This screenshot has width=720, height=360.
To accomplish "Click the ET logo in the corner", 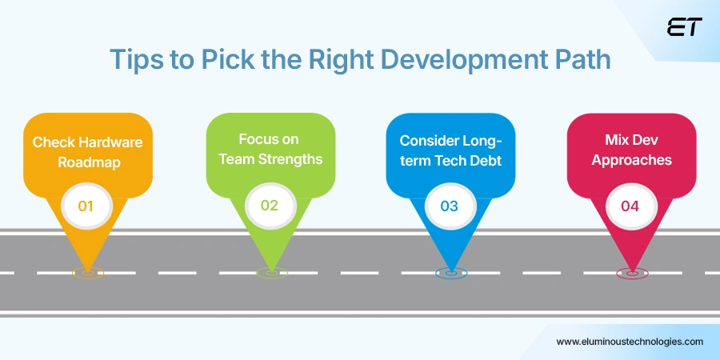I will [684, 27].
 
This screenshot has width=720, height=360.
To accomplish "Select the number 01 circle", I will [86, 206].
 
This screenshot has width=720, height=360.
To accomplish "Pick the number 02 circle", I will [270, 205].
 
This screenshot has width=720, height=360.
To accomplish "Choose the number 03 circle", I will [449, 206].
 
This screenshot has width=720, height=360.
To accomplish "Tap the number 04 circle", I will [630, 206].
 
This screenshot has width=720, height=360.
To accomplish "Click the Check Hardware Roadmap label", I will [87, 151].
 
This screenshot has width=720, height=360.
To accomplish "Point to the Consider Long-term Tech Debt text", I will [450, 150].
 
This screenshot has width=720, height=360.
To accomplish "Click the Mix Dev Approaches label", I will [631, 150].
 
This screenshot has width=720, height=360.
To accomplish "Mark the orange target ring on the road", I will [87, 273].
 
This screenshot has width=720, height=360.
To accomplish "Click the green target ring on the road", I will [271, 273].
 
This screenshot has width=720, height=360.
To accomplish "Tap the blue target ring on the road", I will [450, 273].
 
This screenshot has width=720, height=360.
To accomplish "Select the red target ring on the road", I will [631, 273].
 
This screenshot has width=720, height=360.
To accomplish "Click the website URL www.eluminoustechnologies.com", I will [630, 341].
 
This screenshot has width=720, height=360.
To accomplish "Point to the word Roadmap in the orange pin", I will [87, 161].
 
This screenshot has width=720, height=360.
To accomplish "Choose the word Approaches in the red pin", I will [631, 159].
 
